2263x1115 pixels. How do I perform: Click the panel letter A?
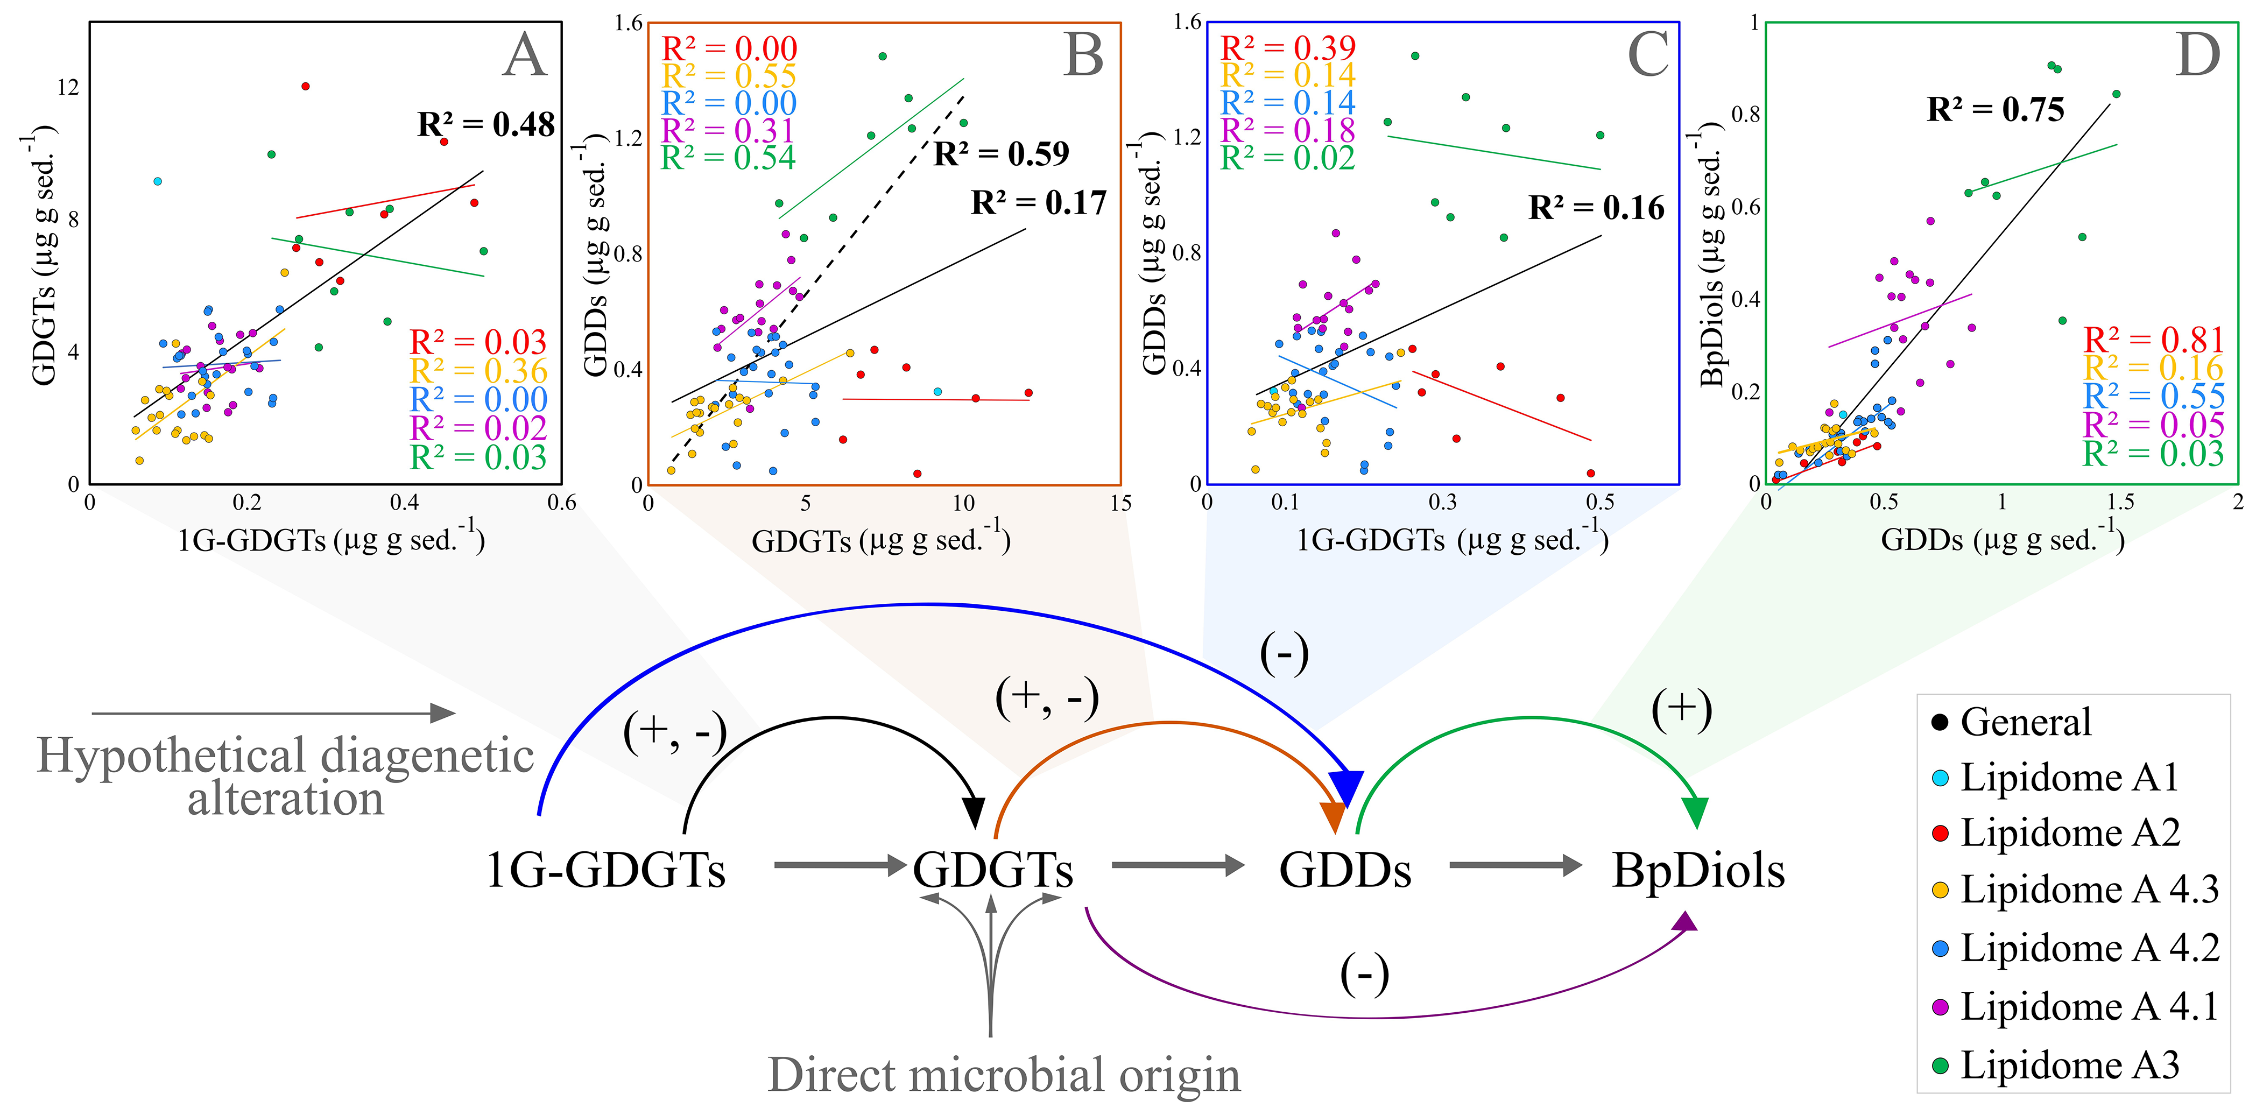coord(525,55)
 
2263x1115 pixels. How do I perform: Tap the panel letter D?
coord(2197,55)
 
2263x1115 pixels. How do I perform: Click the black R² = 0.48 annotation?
coord(486,125)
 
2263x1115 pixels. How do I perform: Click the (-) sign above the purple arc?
coord(1364,973)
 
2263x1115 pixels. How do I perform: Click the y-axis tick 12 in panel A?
coord(68,87)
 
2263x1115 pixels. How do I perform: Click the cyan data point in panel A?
coord(157,181)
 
